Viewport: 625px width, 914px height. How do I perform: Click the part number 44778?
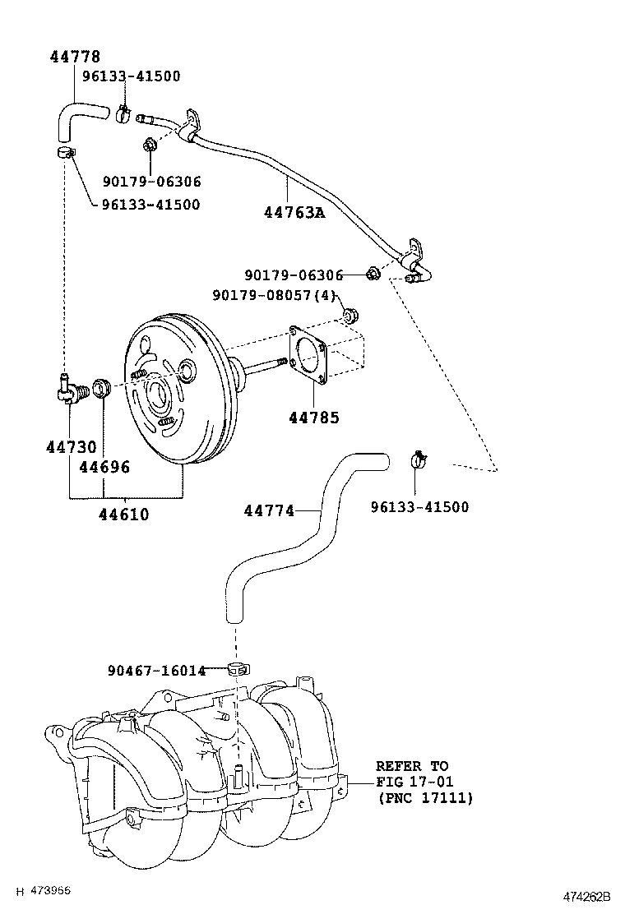coord(75,57)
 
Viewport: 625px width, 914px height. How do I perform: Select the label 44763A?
coord(294,213)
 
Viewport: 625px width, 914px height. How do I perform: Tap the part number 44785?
coord(313,418)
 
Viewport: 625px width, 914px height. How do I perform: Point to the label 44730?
coord(71,447)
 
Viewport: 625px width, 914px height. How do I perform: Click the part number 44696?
coord(104,467)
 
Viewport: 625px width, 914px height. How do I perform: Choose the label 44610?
coord(123,515)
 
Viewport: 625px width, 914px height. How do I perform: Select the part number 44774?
coord(269,510)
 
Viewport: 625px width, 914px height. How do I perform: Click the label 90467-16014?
coord(156,671)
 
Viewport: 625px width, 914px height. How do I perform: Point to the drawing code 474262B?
coord(587,895)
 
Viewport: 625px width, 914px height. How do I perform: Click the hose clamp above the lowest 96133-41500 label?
coord(420,460)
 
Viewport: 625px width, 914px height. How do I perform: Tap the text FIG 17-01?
coord(414,782)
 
